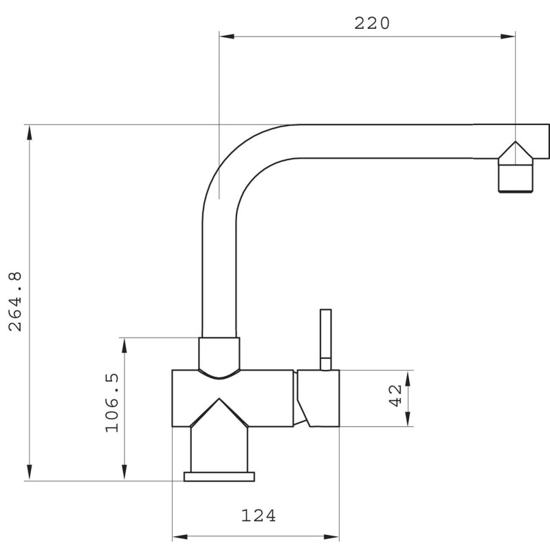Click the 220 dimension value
pyautogui.click(x=372, y=23)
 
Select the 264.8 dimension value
pyautogui.click(x=15, y=301)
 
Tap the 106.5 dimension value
pyautogui.click(x=112, y=403)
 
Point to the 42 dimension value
pyautogui.click(x=396, y=395)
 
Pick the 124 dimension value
pyautogui.click(x=258, y=515)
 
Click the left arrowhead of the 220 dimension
pyautogui.click(x=227, y=36)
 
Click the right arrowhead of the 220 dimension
pyautogui.click(x=508, y=36)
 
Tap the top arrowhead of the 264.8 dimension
pyautogui.click(x=30, y=133)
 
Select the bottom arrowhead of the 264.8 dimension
pyautogui.click(x=30, y=472)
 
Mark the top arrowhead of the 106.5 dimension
pyautogui.click(x=124, y=346)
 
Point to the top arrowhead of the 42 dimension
pyautogui.click(x=408, y=378)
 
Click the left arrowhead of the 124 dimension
pyautogui.click(x=180, y=537)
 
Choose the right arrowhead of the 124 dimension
pyautogui.click(x=331, y=537)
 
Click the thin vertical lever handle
pyautogui.click(x=325, y=339)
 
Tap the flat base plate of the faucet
pyautogui.click(x=219, y=476)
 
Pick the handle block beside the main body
pyautogui.click(x=318, y=398)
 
